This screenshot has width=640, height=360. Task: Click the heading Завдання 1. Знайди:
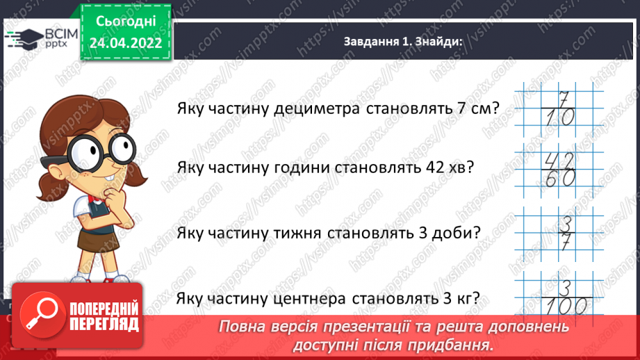(403, 42)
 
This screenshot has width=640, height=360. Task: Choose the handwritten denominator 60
(558, 179)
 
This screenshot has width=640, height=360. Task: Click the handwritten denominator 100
(561, 306)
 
